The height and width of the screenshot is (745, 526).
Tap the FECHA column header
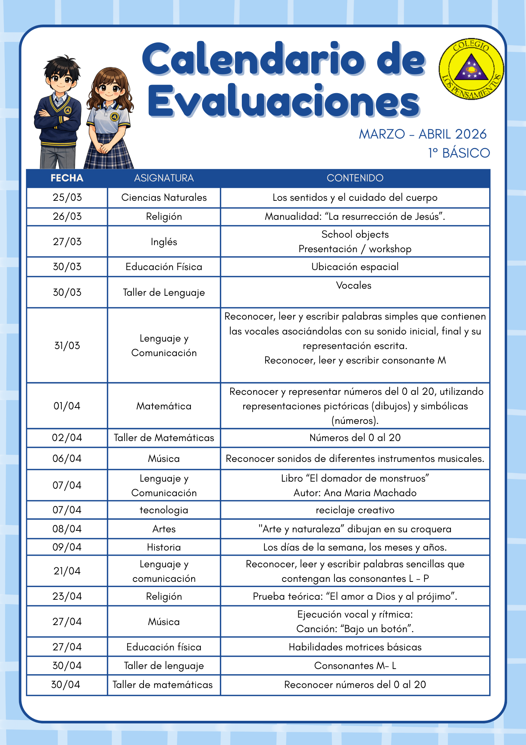(x=67, y=178)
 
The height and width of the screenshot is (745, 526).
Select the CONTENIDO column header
(x=355, y=178)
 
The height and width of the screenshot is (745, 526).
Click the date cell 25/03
(x=67, y=197)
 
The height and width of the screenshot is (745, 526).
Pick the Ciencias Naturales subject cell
(x=164, y=197)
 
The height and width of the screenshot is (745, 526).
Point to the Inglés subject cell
(x=164, y=242)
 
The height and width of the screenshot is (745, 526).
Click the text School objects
(x=355, y=234)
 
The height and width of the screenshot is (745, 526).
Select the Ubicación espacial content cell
(x=355, y=267)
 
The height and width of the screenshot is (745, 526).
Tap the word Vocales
(x=354, y=285)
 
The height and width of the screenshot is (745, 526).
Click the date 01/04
(x=67, y=406)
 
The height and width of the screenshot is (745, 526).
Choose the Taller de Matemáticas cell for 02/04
(x=164, y=438)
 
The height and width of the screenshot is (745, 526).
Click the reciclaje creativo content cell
(x=355, y=510)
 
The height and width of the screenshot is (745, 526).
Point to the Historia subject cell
(x=164, y=547)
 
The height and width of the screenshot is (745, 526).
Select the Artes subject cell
(x=164, y=529)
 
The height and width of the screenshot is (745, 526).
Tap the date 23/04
(x=67, y=596)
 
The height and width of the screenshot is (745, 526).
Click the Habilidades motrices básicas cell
(x=355, y=647)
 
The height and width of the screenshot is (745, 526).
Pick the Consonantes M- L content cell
(x=355, y=666)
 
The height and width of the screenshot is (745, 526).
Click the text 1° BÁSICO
(x=459, y=153)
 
